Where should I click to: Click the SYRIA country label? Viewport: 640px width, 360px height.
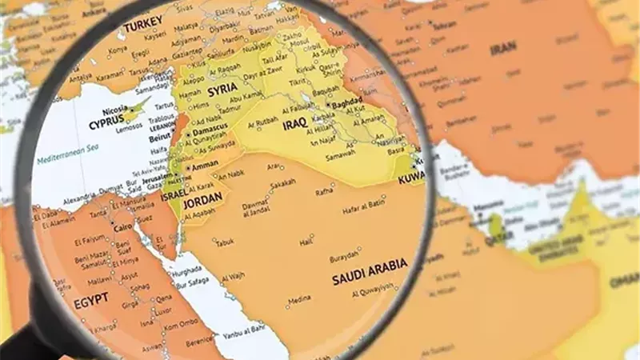click(225, 93)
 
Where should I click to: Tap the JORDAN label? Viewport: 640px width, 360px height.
click(202, 202)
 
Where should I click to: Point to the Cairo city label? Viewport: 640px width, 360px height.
click(122, 227)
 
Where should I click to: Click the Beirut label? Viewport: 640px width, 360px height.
click(159, 138)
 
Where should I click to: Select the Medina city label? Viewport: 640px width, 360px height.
click(300, 300)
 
